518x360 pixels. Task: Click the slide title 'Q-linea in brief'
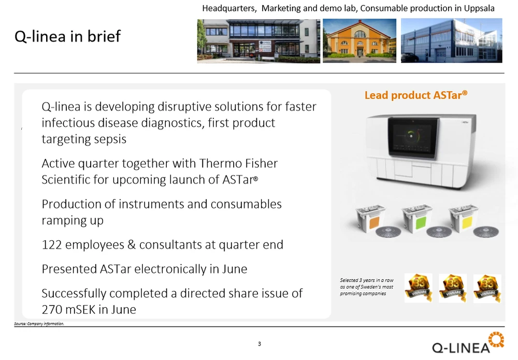[68, 36]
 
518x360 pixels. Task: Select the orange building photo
[359, 40]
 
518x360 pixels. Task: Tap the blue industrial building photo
[451, 40]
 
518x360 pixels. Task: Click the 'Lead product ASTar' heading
[416, 95]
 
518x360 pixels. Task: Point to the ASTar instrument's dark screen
[413, 136]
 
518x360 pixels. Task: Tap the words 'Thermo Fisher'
[238, 164]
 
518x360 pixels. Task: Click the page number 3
[260, 344]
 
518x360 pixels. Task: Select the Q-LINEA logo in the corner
[468, 344]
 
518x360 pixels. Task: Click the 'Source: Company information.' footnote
[39, 324]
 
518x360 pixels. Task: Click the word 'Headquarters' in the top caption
[229, 8]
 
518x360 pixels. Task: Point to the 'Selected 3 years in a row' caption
[367, 280]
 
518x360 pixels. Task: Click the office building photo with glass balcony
[258, 41]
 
